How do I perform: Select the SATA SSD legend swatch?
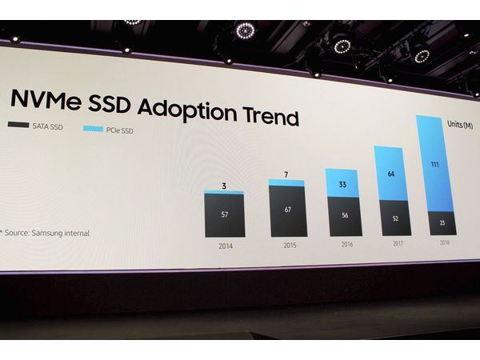click(x=17, y=125)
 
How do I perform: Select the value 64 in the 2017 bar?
click(x=391, y=174)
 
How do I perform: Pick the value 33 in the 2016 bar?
click(x=342, y=184)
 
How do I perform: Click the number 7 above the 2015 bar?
click(x=287, y=175)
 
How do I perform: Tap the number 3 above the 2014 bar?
click(x=224, y=186)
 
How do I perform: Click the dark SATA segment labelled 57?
click(x=224, y=215)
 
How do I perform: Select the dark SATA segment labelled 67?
click(x=287, y=210)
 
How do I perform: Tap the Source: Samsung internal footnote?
click(x=46, y=233)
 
